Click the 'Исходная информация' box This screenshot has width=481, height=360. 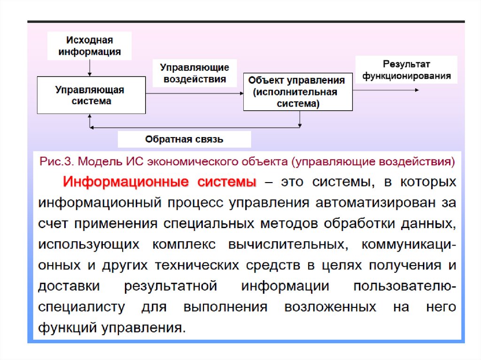pyautogui.click(x=89, y=46)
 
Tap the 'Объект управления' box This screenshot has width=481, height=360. pyautogui.click(x=297, y=92)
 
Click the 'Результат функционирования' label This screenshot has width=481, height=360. pyautogui.click(x=406, y=69)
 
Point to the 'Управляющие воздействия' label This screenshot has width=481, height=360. pyautogui.click(x=194, y=73)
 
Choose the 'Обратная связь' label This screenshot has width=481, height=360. pyautogui.click(x=184, y=139)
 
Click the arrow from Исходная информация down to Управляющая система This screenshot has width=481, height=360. pyautogui.click(x=90, y=68)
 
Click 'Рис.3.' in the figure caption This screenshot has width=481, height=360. pyautogui.click(x=55, y=162)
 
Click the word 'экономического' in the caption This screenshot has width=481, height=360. pyautogui.click(x=197, y=162)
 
